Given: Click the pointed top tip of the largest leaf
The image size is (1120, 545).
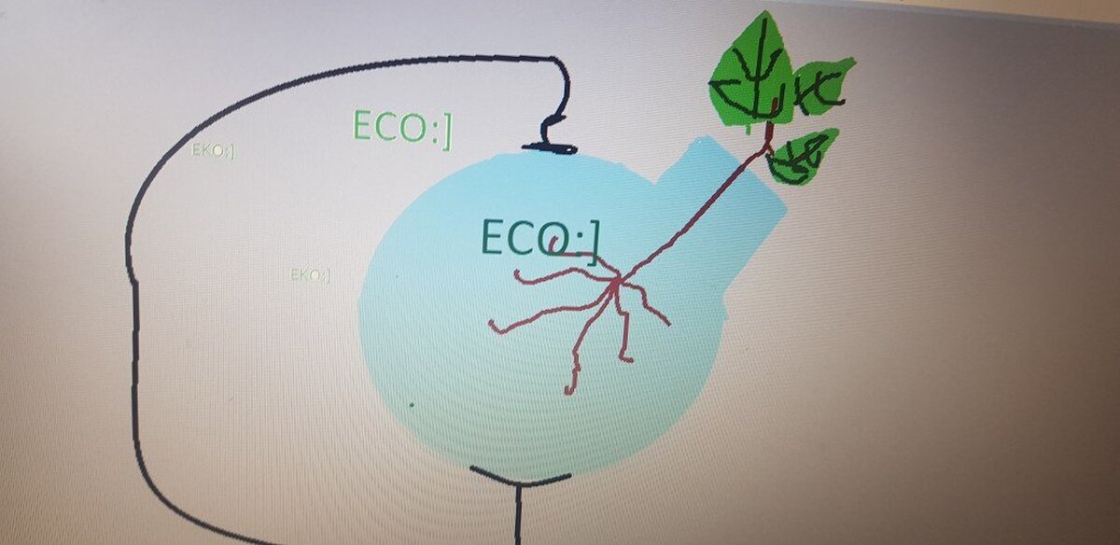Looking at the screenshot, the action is pos(764,12).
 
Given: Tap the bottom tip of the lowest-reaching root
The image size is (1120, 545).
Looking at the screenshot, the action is pos(567,392).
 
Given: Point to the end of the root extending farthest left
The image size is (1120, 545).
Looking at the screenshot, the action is pos(491,323).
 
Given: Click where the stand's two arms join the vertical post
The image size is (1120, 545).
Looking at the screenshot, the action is pos(519,484).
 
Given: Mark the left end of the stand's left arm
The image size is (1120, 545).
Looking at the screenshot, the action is pos(472,468).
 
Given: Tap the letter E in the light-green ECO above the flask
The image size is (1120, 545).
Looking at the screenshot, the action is pos(363,125).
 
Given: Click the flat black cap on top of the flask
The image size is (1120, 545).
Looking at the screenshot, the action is pos(550,148).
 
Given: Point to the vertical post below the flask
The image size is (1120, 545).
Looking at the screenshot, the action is pos(518,514).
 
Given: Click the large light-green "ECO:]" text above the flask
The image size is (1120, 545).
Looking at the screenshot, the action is pos(402,129).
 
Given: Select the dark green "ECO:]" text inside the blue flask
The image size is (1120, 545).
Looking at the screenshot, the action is pos(539,241).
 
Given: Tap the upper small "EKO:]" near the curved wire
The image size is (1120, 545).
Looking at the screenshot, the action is pos(213,150).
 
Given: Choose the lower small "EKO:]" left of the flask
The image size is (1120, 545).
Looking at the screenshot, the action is pos(311,274).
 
